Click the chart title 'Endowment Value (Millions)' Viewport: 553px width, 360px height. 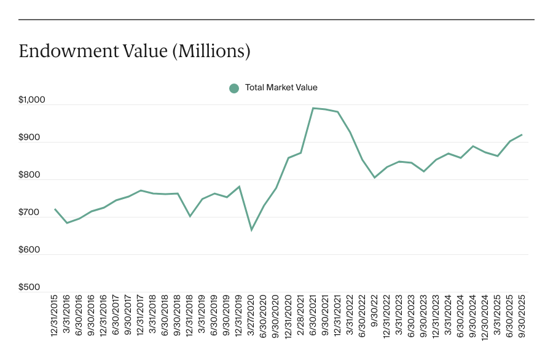click(x=135, y=52)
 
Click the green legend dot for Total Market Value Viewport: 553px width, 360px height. click(x=233, y=88)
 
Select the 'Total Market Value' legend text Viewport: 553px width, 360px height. click(x=281, y=88)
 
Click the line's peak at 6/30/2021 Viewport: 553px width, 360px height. click(x=313, y=108)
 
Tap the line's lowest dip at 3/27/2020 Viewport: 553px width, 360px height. click(x=251, y=230)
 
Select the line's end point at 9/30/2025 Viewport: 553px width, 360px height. click(x=522, y=135)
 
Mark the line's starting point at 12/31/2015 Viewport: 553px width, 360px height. click(x=55, y=209)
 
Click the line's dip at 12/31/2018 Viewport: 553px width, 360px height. click(x=190, y=216)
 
